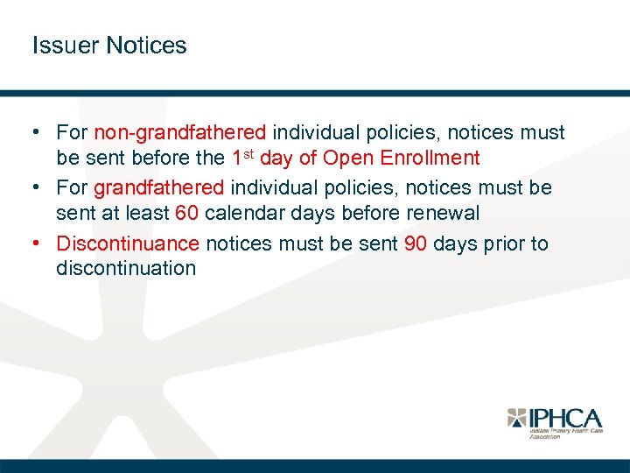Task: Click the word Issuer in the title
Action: [66, 46]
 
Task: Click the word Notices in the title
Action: [146, 46]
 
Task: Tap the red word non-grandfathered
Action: [180, 133]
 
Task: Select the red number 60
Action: [186, 213]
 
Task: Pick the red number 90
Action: [416, 243]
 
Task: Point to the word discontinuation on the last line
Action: [126, 268]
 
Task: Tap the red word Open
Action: [346, 159]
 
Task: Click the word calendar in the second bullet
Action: [243, 213]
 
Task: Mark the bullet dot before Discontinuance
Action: [40, 243]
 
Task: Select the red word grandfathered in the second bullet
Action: [159, 187]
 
